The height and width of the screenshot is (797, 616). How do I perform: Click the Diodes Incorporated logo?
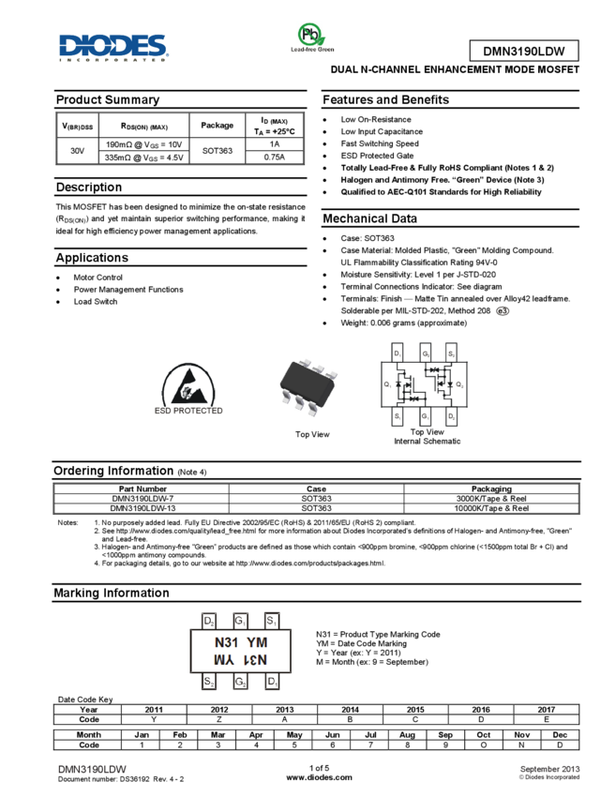[113, 48]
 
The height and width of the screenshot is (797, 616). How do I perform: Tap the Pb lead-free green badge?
[311, 38]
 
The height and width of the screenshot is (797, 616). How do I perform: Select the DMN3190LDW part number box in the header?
[523, 52]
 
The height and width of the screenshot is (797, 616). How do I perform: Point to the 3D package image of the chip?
[308, 386]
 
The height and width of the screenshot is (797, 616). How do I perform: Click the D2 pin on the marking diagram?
[209, 621]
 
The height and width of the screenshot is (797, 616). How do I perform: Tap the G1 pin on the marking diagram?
[241, 621]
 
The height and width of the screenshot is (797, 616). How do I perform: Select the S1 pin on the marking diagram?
[272, 621]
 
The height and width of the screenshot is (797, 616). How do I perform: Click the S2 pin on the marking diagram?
[209, 682]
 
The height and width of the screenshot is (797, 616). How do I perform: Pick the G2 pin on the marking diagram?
[241, 682]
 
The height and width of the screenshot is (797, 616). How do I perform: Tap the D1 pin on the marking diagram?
[272, 682]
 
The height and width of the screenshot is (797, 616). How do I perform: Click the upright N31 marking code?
[225, 642]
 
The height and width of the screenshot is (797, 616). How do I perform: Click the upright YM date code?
[257, 642]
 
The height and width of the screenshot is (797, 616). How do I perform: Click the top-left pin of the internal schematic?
[398, 352]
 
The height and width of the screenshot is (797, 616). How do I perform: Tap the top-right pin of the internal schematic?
[452, 352]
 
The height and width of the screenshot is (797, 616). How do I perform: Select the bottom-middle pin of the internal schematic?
[425, 418]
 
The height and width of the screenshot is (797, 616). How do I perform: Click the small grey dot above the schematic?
[502, 310]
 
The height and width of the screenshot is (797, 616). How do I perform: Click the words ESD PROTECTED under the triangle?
[189, 410]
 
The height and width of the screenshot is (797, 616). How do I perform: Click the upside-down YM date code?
[224, 660]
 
